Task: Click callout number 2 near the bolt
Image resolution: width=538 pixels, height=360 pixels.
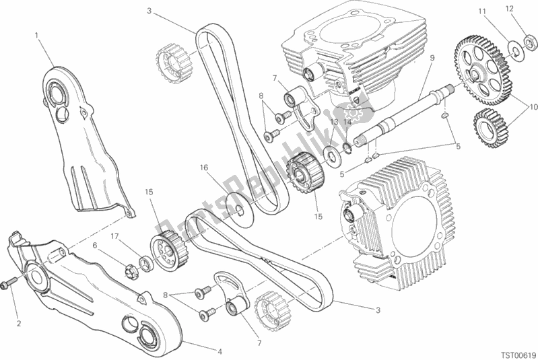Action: click(x=19, y=324)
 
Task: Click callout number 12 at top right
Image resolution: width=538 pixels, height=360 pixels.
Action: click(x=528, y=9)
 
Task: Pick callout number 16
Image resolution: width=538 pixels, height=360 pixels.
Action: click(x=203, y=167)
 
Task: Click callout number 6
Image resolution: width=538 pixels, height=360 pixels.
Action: click(x=96, y=246)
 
